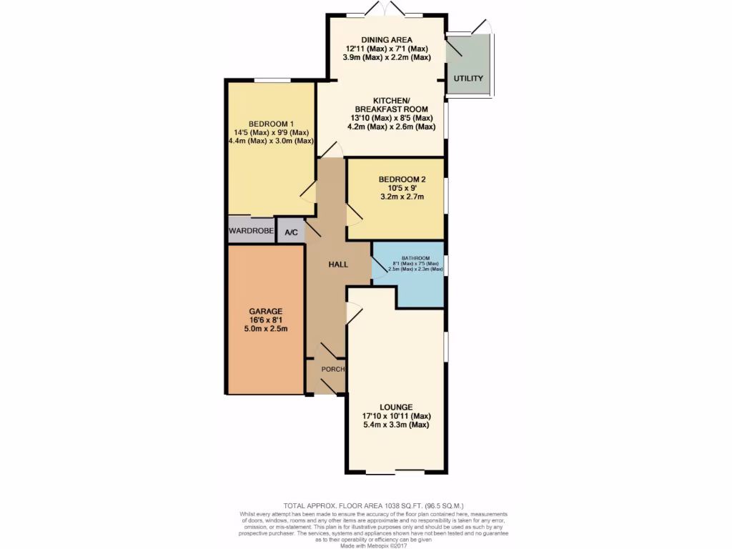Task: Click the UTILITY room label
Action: [468, 79]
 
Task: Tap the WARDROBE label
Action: [251, 231]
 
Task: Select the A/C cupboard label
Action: [291, 232]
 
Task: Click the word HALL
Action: [338, 264]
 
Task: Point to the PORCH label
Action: [333, 370]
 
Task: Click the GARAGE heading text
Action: [266, 312]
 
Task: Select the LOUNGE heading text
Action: [396, 407]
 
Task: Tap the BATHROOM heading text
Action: [415, 258]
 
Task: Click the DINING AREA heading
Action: [386, 39]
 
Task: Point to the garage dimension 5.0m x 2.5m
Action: [266, 329]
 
